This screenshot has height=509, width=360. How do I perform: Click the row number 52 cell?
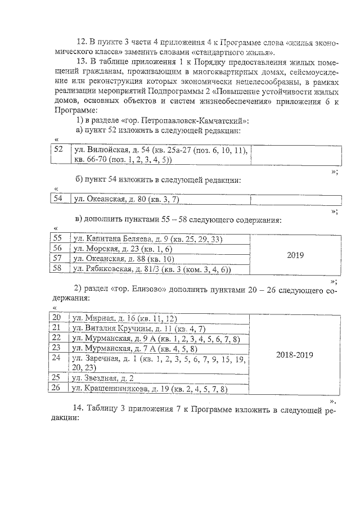[x=58, y=150]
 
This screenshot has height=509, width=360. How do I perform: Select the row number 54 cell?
[x=58, y=199]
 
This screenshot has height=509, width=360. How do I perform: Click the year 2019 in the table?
[x=295, y=254]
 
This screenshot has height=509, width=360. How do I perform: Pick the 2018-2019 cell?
[x=295, y=355]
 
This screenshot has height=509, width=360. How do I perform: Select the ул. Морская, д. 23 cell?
[x=123, y=249]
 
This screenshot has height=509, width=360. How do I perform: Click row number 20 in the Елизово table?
[x=56, y=318]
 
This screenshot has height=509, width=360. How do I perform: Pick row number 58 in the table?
[x=56, y=268]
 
